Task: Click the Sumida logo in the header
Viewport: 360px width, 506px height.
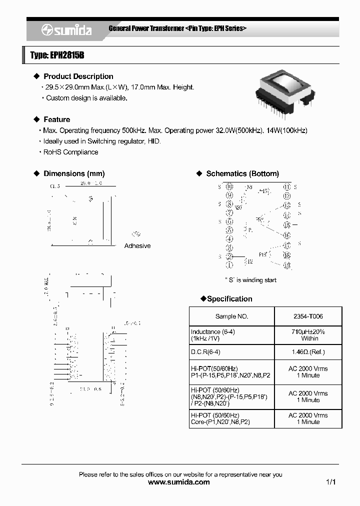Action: pos(66,30)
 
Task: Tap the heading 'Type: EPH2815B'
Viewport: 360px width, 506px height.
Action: pos(57,55)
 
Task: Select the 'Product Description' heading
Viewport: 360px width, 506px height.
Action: pos(78,76)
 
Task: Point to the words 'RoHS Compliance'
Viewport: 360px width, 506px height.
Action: pos(73,152)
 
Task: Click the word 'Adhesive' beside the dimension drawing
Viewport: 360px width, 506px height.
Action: pos(137,246)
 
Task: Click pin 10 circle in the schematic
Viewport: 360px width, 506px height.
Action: pos(229,187)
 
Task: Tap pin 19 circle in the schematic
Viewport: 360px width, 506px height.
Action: pos(286,265)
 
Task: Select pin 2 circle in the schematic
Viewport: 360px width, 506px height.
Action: pos(229,256)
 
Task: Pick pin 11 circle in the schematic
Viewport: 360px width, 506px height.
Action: pos(286,187)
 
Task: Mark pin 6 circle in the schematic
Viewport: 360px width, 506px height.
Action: pos(229,221)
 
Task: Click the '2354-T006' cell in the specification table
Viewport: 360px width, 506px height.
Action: pos(308,316)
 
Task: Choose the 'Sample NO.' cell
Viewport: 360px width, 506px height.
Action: pos(231,316)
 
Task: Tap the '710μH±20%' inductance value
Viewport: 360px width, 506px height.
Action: pos(308,331)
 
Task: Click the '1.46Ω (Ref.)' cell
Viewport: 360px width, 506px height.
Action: pos(308,352)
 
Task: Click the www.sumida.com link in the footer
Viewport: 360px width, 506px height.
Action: pos(179,482)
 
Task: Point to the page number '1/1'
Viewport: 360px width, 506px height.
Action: pos(330,482)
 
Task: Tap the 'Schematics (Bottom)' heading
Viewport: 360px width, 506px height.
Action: pos(242,173)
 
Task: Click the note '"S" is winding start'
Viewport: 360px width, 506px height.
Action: pos(250,280)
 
